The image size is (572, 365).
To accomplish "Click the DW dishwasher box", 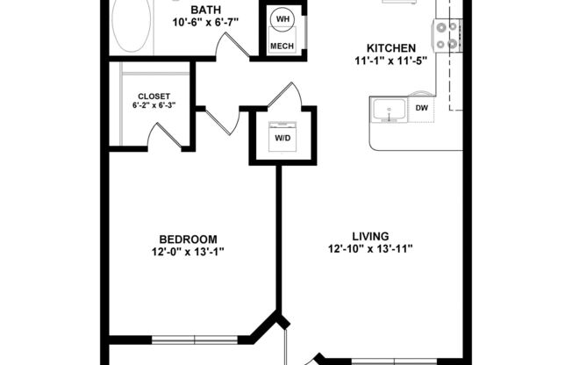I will pyautogui.click(x=421, y=109).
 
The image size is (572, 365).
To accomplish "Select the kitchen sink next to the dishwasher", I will pyautogui.click(x=387, y=111).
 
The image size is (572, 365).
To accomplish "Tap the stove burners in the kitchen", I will pyautogui.click(x=446, y=34).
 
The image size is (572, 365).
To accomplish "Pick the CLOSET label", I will pyautogui.click(x=154, y=97).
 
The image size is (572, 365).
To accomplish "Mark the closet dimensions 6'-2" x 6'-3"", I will pyautogui.click(x=154, y=106).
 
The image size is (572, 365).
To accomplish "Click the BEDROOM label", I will pyautogui.click(x=188, y=240).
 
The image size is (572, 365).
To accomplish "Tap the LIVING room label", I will pyautogui.click(x=370, y=235).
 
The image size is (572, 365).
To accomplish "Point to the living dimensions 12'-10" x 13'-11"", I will pyautogui.click(x=370, y=249).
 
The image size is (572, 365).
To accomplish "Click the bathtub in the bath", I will pyautogui.click(x=132, y=25).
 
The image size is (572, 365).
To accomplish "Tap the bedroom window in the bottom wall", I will pyautogui.click(x=194, y=338).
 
